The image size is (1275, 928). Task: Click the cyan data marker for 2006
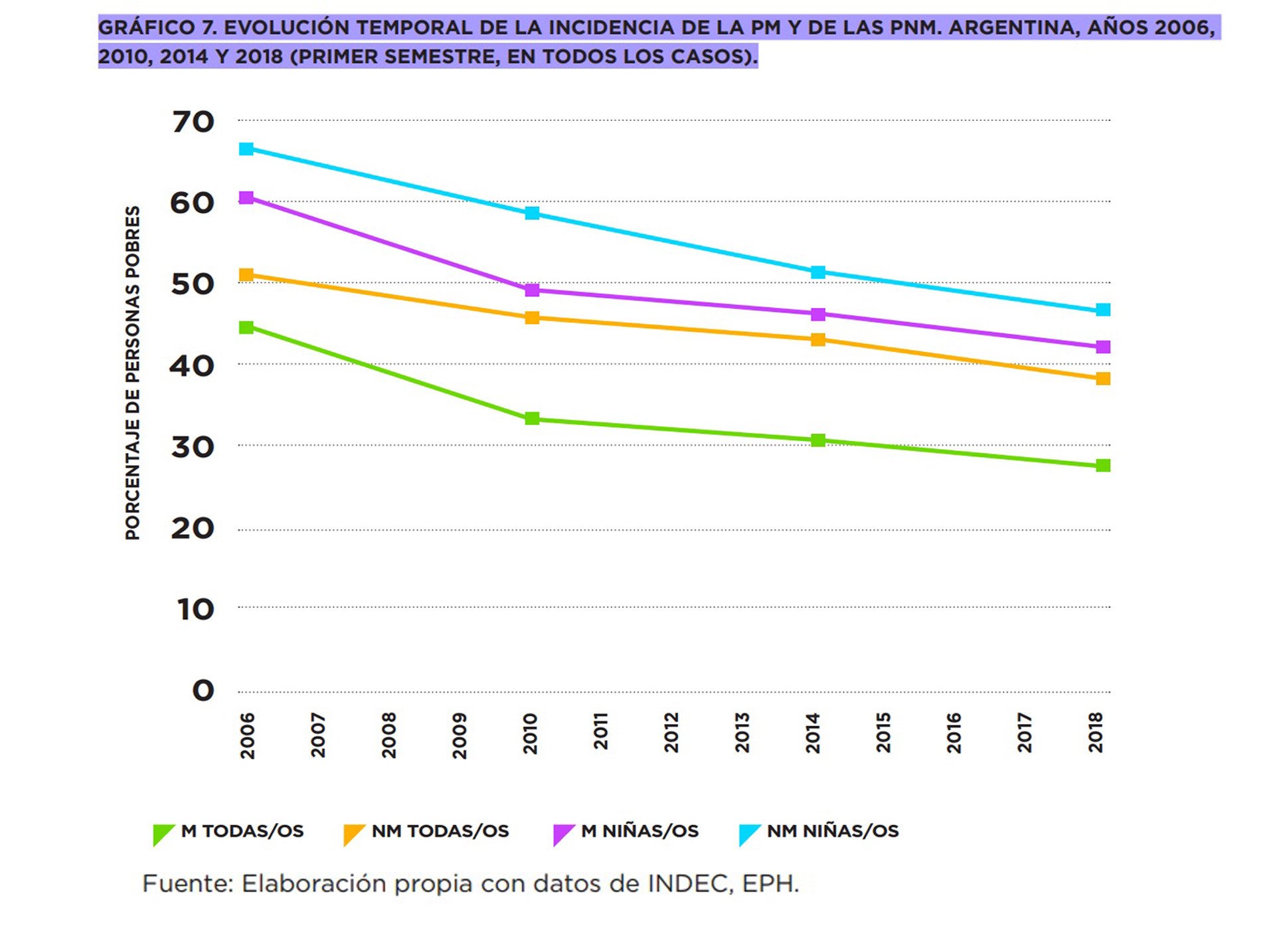coord(246,149)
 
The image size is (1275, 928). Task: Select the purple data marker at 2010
coord(532,290)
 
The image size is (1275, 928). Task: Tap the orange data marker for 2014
coord(818,340)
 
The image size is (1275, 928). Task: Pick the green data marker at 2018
coord(1103,466)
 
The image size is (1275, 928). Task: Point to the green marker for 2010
coord(532,418)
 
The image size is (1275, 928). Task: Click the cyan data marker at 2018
coord(1103,310)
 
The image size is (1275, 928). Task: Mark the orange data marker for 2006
coord(246,275)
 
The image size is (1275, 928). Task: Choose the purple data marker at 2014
coord(818,314)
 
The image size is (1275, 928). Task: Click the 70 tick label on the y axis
coord(193,122)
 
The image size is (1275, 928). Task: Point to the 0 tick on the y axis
coord(203,691)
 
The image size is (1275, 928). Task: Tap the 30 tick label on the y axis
coord(193,447)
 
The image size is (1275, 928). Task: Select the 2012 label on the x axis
coord(671,733)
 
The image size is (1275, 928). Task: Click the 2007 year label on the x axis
coord(318,735)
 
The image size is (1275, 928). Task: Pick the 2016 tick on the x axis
coord(954,733)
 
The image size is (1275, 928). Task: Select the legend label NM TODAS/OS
coord(440,831)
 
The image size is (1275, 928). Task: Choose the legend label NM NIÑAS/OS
coord(833,831)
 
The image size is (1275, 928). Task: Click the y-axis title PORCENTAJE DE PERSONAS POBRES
coord(133,373)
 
